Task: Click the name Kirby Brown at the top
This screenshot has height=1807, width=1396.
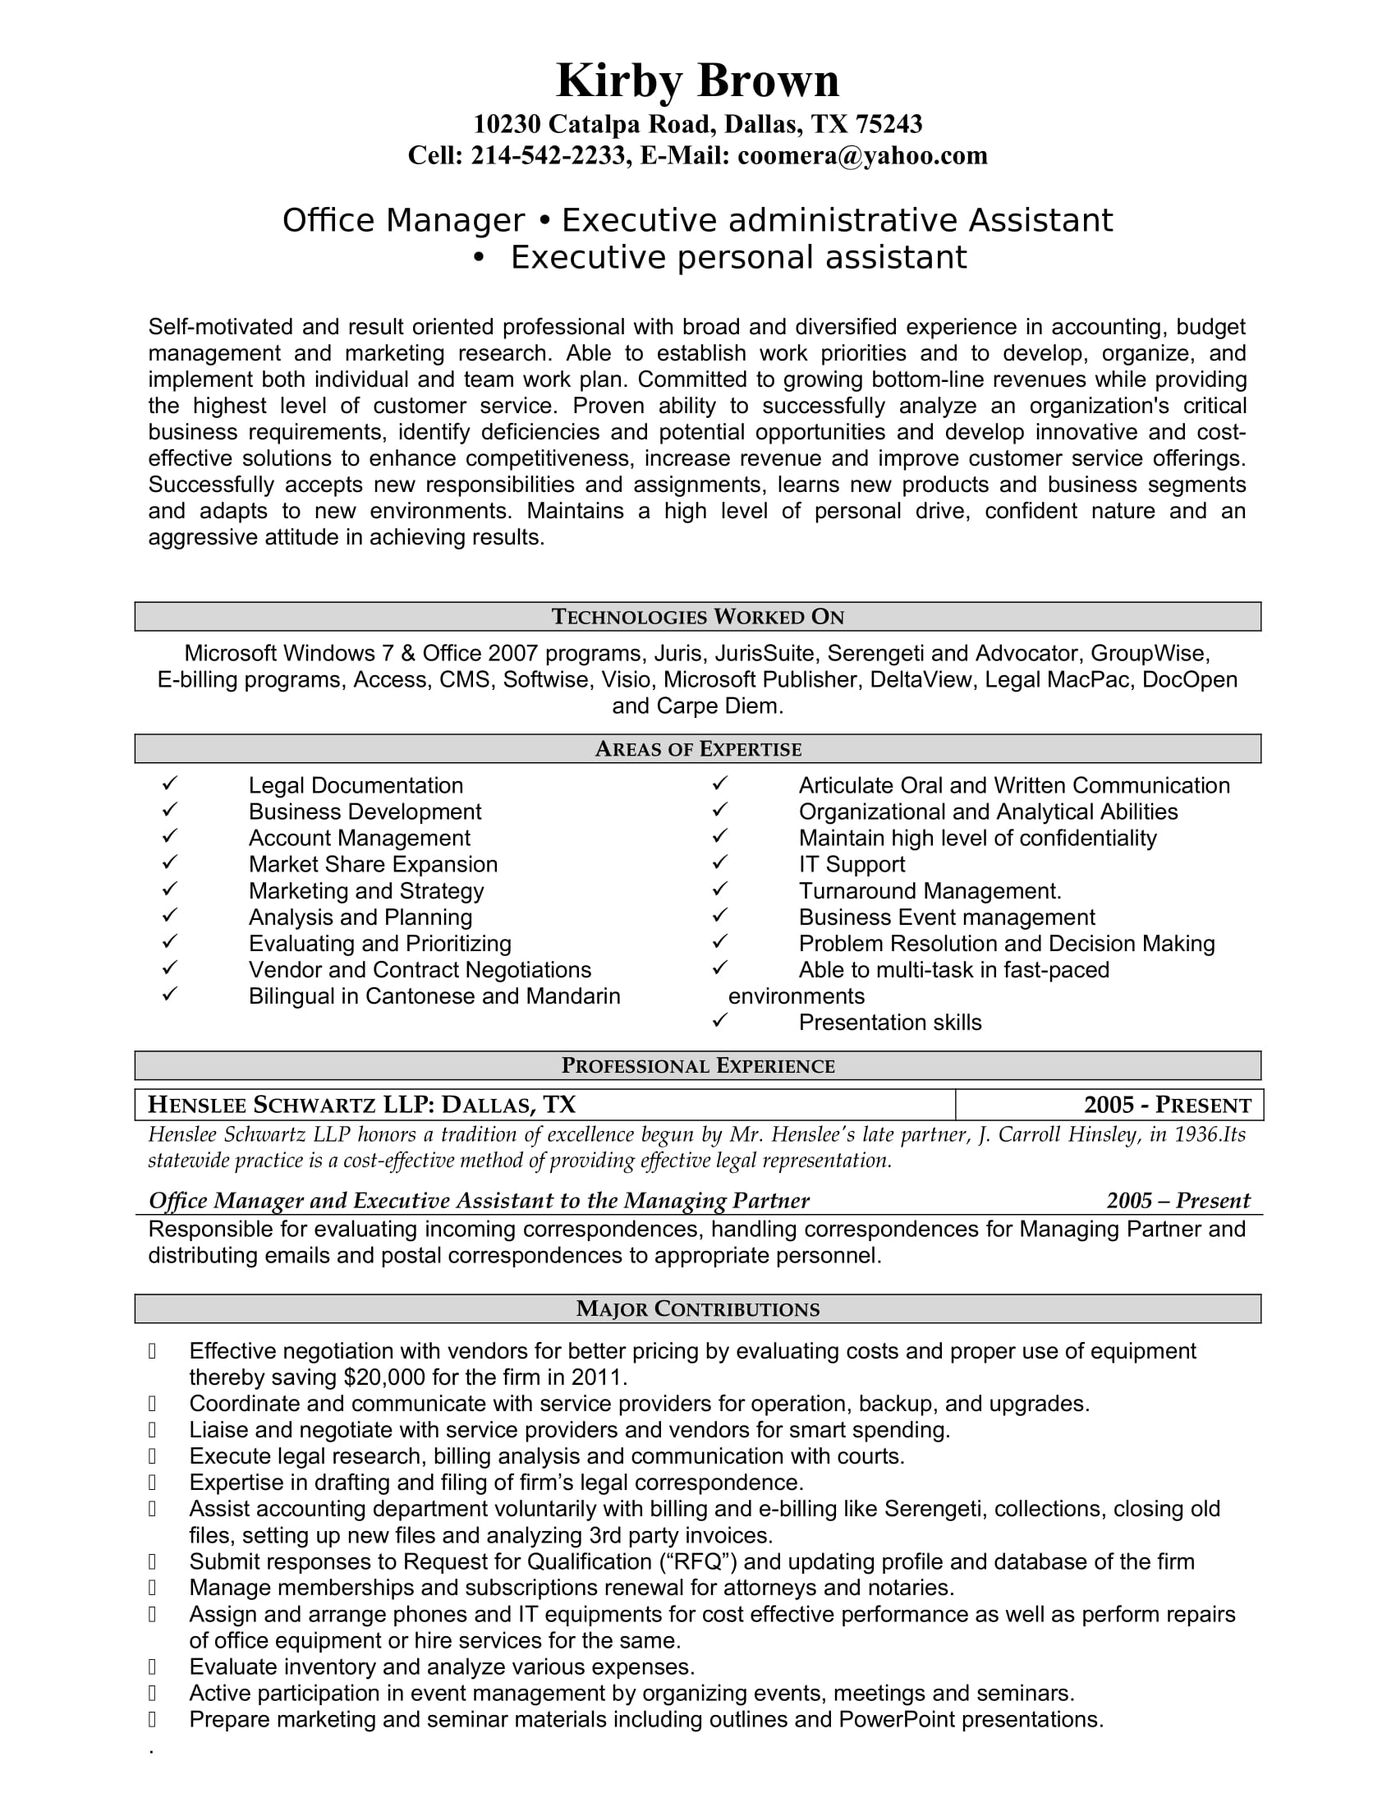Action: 697,81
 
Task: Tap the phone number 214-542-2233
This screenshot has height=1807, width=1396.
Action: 548,155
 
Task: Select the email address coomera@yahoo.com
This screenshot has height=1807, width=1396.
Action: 861,155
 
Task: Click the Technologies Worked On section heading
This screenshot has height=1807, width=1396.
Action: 697,616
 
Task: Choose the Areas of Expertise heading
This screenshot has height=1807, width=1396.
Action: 697,749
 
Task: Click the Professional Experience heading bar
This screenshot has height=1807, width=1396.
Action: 697,1065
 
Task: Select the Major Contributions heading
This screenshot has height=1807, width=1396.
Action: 697,1309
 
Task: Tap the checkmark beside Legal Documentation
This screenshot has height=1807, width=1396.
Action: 170,783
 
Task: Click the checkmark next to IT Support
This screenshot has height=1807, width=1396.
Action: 719,862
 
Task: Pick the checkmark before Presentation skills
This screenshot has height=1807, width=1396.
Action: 719,1020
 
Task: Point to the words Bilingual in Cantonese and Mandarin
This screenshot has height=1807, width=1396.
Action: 434,996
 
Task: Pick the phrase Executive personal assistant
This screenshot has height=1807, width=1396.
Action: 737,257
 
